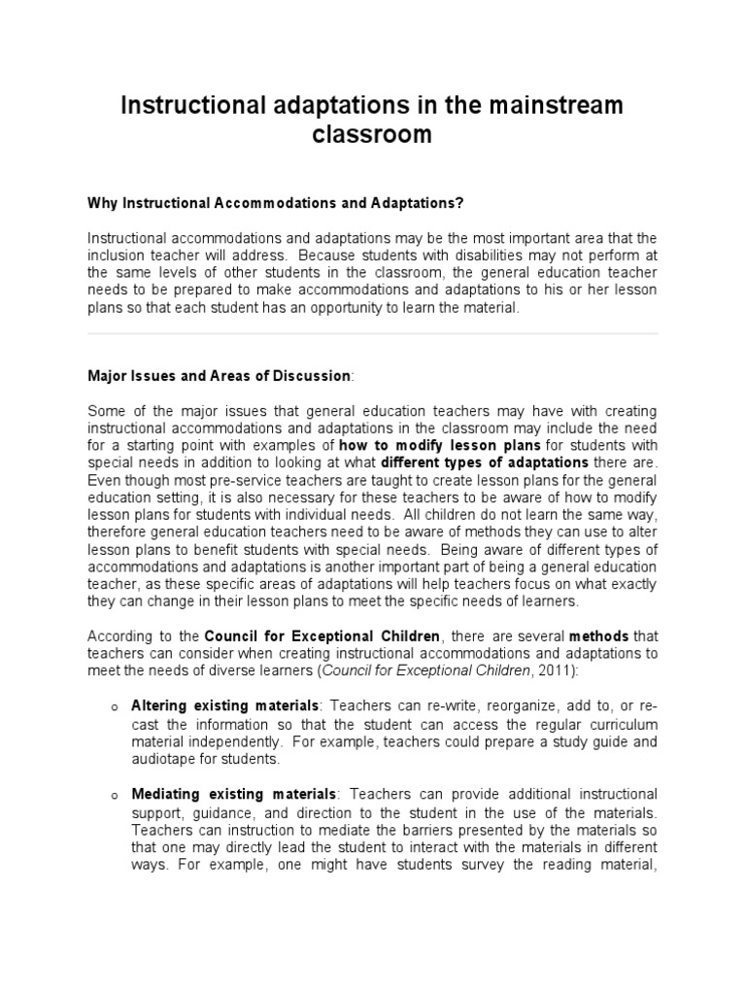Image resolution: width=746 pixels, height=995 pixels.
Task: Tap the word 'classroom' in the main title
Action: (372, 135)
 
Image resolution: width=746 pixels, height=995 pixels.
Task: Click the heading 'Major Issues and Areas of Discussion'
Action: (219, 375)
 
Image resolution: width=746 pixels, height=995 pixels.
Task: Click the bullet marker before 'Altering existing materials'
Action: (114, 705)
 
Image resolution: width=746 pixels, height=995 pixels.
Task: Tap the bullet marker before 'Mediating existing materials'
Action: (114, 796)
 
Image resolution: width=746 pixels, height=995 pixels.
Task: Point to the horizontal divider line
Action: (373, 334)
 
